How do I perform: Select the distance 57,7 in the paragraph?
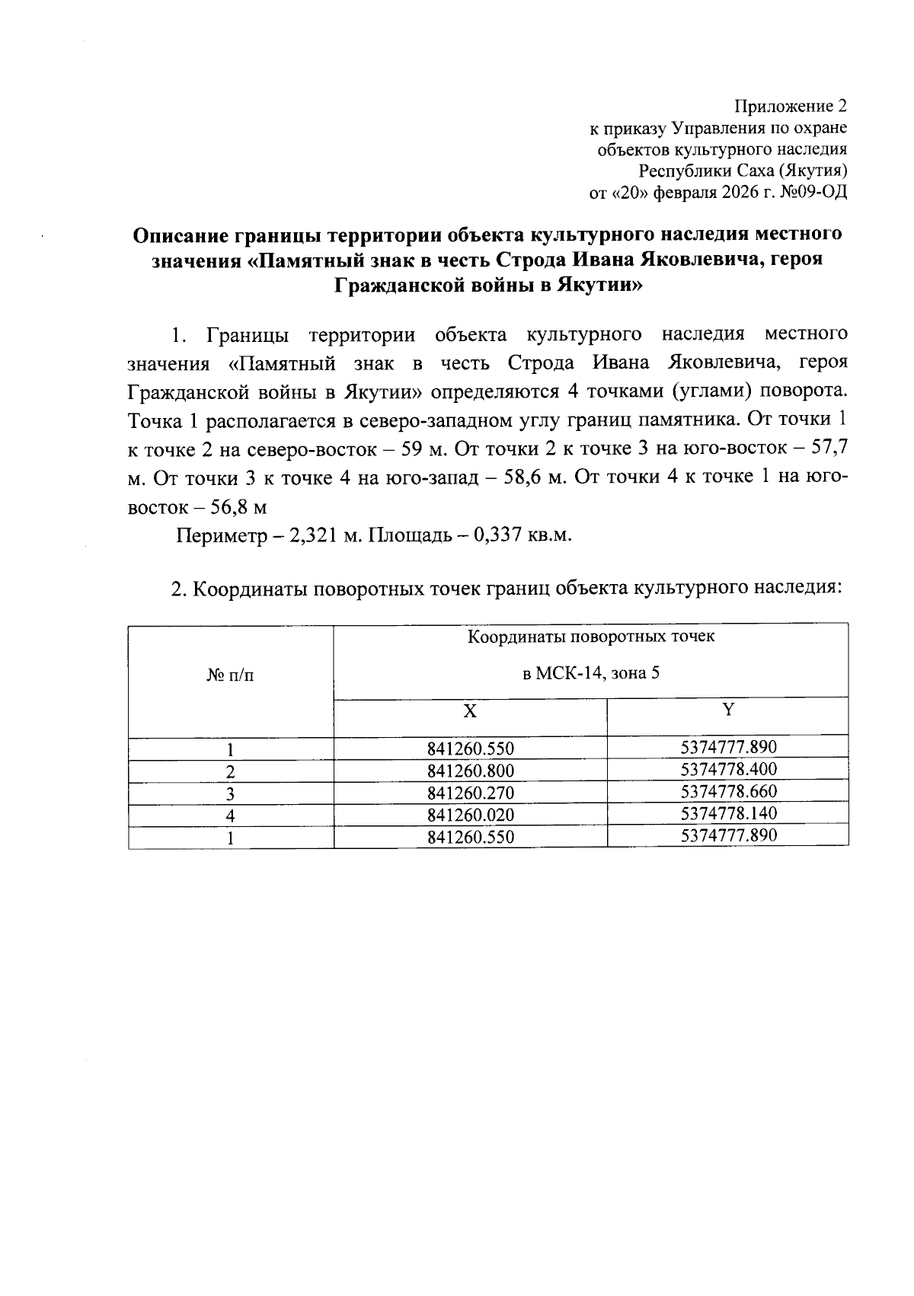pyautogui.click(x=829, y=448)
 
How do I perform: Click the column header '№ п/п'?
pyautogui.click(x=231, y=675)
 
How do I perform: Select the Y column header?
pyautogui.click(x=728, y=710)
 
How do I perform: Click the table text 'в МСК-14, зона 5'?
pyautogui.click(x=590, y=673)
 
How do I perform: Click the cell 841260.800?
pyautogui.click(x=471, y=771)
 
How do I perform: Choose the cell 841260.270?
pyautogui.click(x=471, y=793)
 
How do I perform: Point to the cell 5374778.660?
pyautogui.click(x=728, y=791)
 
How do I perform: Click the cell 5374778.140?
pyautogui.click(x=728, y=813)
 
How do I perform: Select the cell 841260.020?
pyautogui.click(x=471, y=815)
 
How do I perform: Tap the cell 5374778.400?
pyautogui.click(x=728, y=769)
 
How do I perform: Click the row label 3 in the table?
pyautogui.click(x=231, y=793)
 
